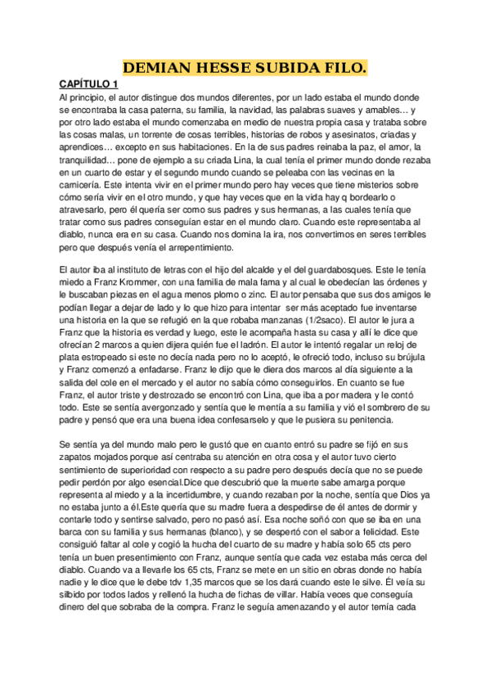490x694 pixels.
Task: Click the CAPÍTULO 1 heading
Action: click(89, 84)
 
